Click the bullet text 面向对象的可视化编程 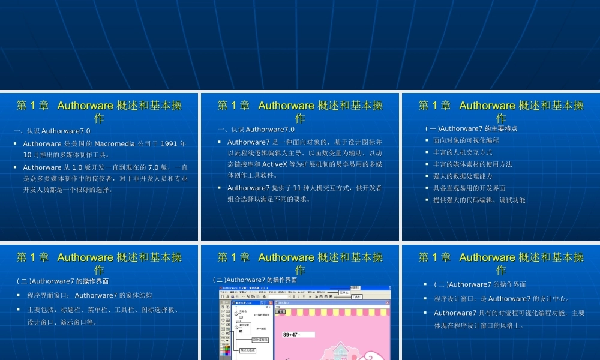[466, 140]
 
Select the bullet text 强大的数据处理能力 [463, 176]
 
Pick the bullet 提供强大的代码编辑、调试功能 [479, 200]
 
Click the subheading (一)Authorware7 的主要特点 [471, 128]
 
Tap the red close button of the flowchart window [271, 302]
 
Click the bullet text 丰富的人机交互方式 [463, 152]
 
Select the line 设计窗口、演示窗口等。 [62, 322]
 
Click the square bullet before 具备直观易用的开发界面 [427, 188]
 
